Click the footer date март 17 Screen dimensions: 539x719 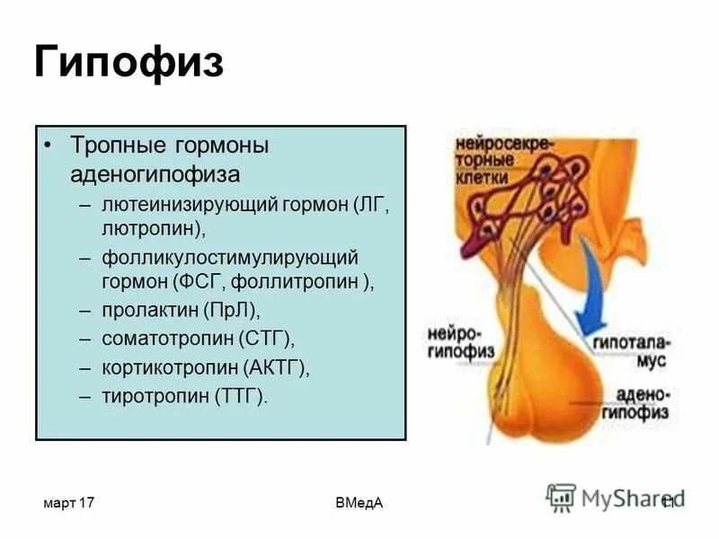click(x=68, y=503)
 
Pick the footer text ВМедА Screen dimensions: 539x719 click(x=359, y=503)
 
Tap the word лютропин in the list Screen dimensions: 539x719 click(x=151, y=228)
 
